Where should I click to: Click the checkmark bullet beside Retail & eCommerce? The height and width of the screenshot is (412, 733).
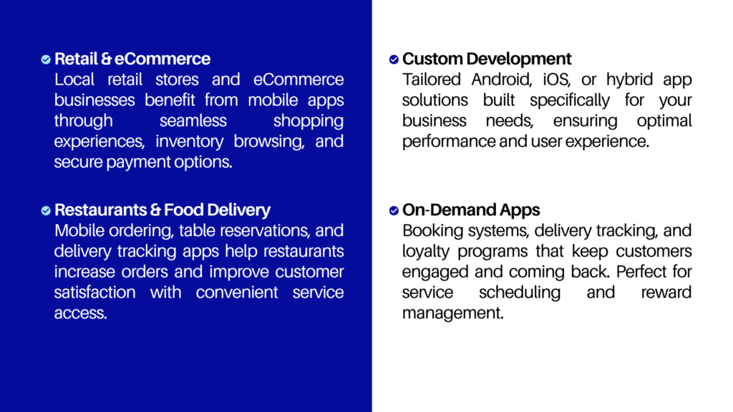click(46, 59)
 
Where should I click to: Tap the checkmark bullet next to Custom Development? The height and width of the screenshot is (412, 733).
click(394, 59)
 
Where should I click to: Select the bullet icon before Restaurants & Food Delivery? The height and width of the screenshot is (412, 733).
click(46, 211)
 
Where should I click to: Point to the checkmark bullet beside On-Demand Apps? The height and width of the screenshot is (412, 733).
click(394, 211)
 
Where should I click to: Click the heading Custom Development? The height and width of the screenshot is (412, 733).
click(487, 59)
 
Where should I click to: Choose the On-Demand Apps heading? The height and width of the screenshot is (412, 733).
click(471, 210)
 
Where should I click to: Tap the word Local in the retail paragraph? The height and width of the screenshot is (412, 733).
click(74, 79)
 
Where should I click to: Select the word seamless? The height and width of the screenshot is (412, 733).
click(193, 120)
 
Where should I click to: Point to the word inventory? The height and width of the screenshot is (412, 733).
click(189, 142)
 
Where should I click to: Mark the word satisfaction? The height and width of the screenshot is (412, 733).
click(95, 293)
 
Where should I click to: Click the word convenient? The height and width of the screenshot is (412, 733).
click(237, 293)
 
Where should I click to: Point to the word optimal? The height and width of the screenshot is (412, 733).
click(664, 121)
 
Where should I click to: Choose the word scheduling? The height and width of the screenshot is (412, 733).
click(520, 293)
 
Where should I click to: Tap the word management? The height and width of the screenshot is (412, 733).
click(452, 313)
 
